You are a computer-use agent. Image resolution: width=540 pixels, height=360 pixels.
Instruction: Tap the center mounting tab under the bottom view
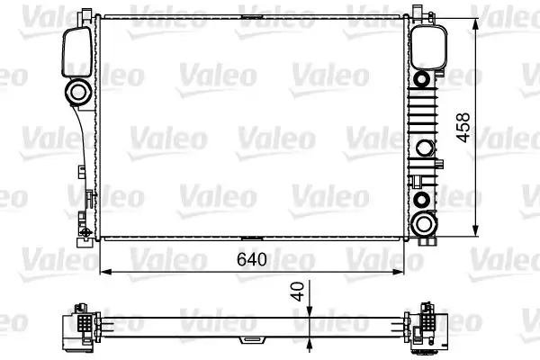(247, 341)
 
